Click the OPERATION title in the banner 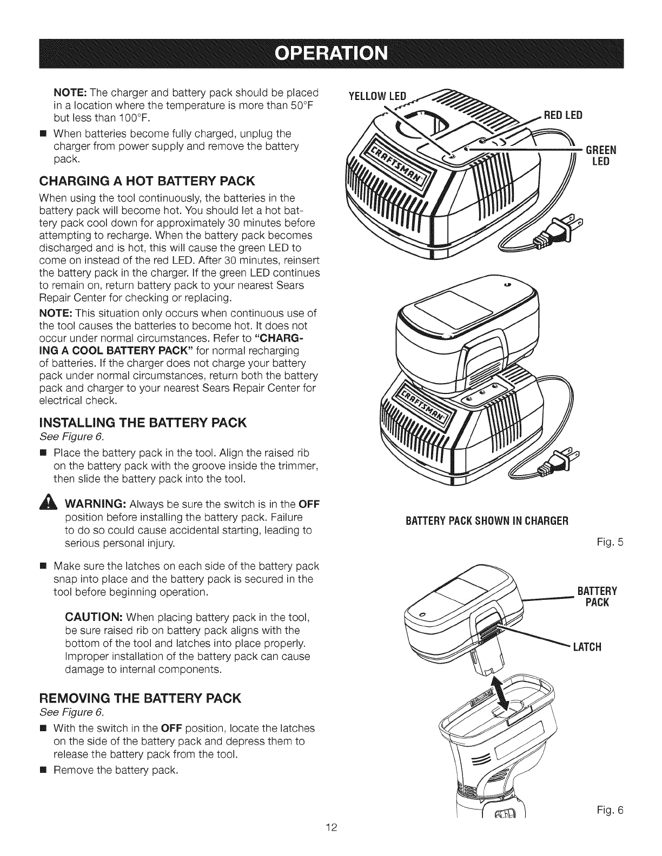(331, 54)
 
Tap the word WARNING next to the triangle (96, 505)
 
